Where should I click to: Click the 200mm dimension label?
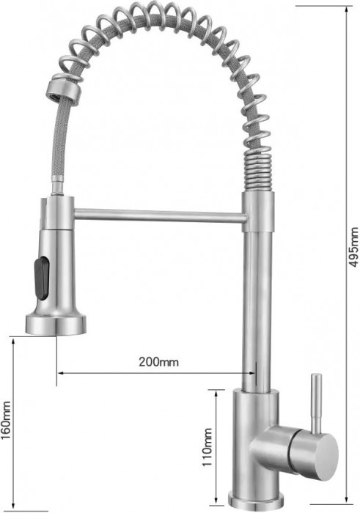tap(158, 361)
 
